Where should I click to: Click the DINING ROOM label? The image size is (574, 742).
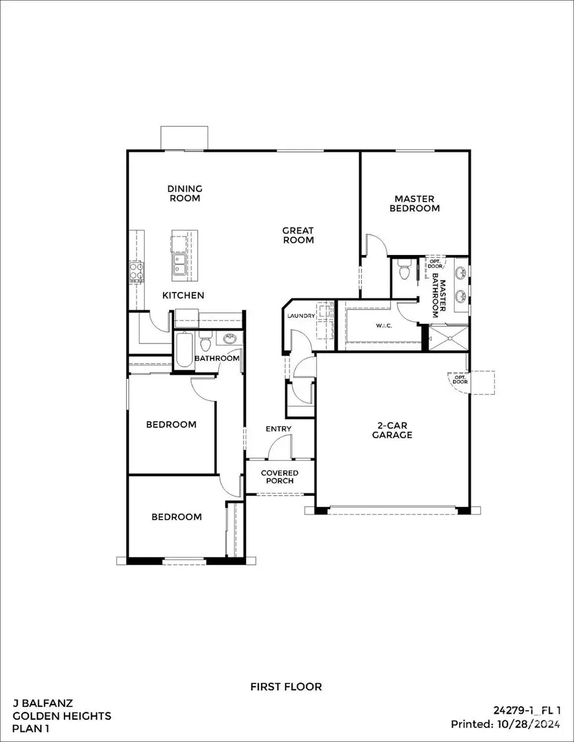click(184, 193)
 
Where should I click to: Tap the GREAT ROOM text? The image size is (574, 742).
click(298, 235)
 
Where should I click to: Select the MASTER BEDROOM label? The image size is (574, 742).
click(415, 203)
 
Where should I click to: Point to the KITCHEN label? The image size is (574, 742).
click(183, 295)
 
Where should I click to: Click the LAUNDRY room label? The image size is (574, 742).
click(301, 316)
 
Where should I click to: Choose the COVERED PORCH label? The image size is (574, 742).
click(279, 476)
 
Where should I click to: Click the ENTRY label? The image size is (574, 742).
click(278, 429)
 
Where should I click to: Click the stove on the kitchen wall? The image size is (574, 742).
click(135, 272)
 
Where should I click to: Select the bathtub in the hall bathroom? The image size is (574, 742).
click(184, 350)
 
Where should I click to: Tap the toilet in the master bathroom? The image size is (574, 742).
click(403, 272)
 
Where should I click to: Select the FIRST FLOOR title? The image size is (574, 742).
click(286, 687)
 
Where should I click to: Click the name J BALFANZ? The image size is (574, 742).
click(43, 704)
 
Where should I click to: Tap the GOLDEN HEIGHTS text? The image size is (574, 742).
click(61, 716)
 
